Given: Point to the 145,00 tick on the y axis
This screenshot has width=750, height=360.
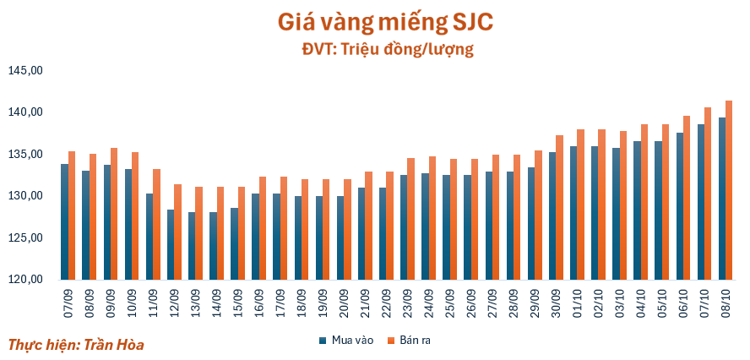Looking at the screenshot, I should point(24,71).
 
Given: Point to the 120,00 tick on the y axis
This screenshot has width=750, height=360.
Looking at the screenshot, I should point(24,280).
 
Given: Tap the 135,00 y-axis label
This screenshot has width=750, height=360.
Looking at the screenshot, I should point(24,155).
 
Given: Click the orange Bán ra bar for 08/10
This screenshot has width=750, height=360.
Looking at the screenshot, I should point(729,190).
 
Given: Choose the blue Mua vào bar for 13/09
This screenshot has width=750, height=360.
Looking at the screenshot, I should point(192,246).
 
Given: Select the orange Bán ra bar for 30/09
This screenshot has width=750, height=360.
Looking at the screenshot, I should point(559,207).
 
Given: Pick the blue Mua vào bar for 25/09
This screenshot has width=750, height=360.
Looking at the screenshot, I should point(446,227).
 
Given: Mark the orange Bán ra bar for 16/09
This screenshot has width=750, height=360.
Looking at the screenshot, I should point(263,228).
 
